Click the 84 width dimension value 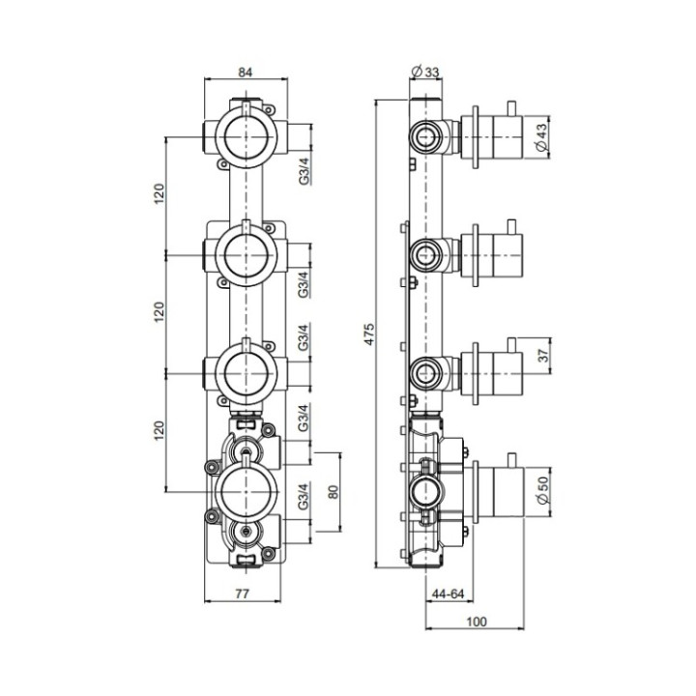[248, 71]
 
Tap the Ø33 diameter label [425, 71]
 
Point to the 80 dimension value [333, 490]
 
